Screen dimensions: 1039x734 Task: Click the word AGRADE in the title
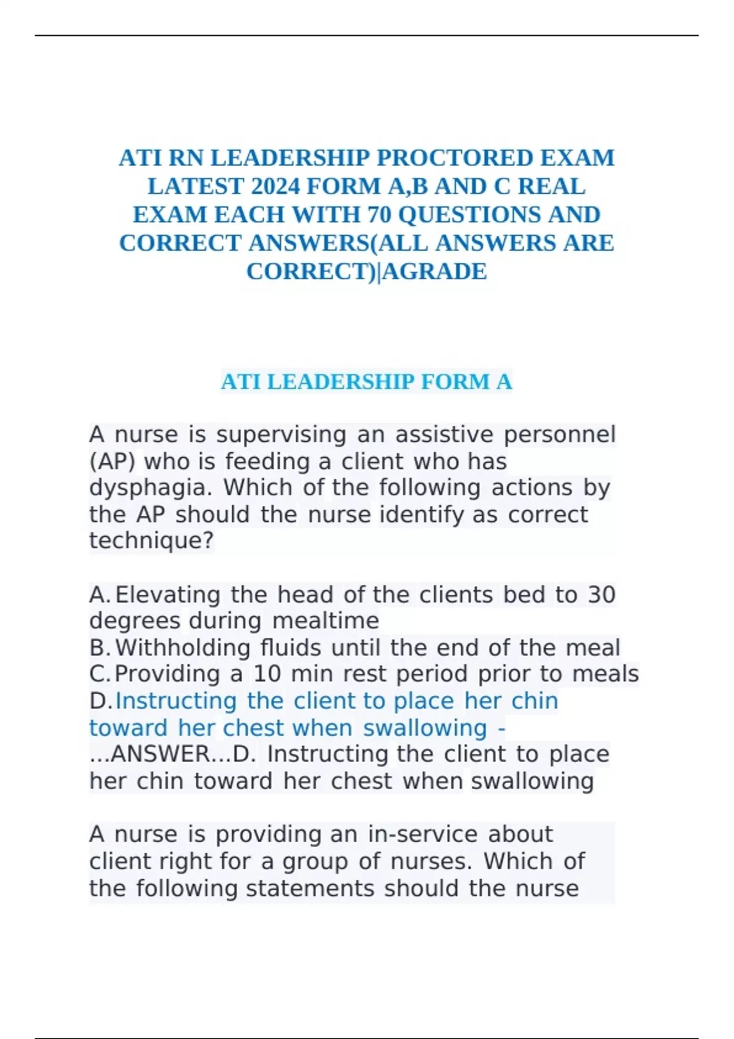click(436, 271)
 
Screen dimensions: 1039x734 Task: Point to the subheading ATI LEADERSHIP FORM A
click(366, 382)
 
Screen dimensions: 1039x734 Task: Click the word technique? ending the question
click(152, 541)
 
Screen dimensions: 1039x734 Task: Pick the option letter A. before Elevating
click(100, 595)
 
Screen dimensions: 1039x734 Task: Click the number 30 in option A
click(601, 595)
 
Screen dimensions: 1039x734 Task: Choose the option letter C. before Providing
click(100, 674)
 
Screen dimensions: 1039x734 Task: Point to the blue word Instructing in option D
click(176, 701)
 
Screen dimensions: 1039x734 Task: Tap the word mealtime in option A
click(325, 621)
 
